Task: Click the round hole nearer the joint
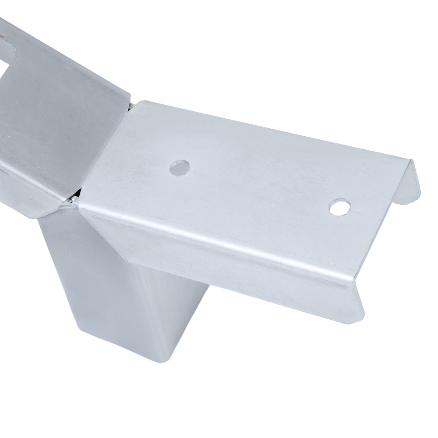pyautogui.click(x=180, y=167)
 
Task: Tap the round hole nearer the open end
pyautogui.click(x=340, y=207)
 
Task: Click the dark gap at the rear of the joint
pyautogui.click(x=131, y=106)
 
